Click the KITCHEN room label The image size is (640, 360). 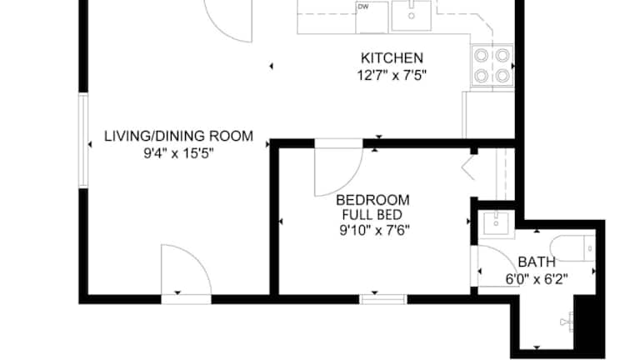[x=392, y=58]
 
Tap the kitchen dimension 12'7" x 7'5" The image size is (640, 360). [x=392, y=76]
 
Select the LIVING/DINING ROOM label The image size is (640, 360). [x=179, y=136]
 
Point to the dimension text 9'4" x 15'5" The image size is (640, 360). [x=179, y=153]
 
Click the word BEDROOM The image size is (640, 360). [x=372, y=200]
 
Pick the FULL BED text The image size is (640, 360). [x=372, y=215]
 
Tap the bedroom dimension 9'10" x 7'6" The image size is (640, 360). [x=375, y=231]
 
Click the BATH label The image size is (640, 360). [x=537, y=262]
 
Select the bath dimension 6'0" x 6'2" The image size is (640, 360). [x=537, y=280]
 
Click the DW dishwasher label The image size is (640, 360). [x=362, y=7]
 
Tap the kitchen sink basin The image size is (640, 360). [x=412, y=15]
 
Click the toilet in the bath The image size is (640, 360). [x=572, y=247]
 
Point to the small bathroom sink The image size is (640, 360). [x=496, y=223]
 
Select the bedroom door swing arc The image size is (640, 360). [x=349, y=180]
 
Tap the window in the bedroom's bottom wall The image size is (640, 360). [x=382, y=299]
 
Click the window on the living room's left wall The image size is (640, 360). [x=83, y=140]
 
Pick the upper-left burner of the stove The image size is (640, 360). [x=482, y=55]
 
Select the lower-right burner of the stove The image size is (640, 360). [x=502, y=76]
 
